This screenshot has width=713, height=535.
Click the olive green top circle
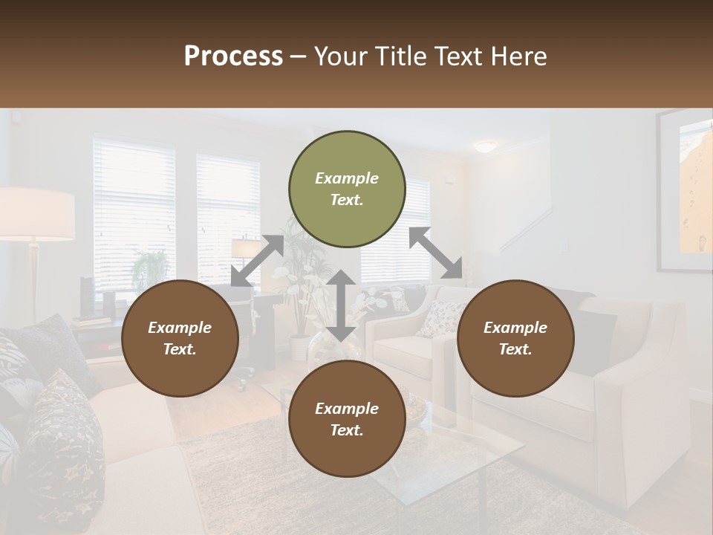[347, 189]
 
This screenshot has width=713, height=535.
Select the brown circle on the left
[180, 338]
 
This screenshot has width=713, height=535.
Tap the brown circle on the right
[515, 338]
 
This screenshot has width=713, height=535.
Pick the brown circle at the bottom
[347, 419]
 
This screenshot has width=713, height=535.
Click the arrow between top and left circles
[257, 261]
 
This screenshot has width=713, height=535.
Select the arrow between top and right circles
[436, 253]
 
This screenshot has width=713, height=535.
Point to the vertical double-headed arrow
[341, 305]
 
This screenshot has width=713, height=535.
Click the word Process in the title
[233, 56]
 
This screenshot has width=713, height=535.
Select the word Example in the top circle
[347, 178]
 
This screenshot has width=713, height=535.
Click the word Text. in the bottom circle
[346, 430]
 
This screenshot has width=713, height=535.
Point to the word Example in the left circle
[180, 328]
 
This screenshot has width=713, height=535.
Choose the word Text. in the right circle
[515, 349]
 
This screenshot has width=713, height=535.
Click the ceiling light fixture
[486, 146]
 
